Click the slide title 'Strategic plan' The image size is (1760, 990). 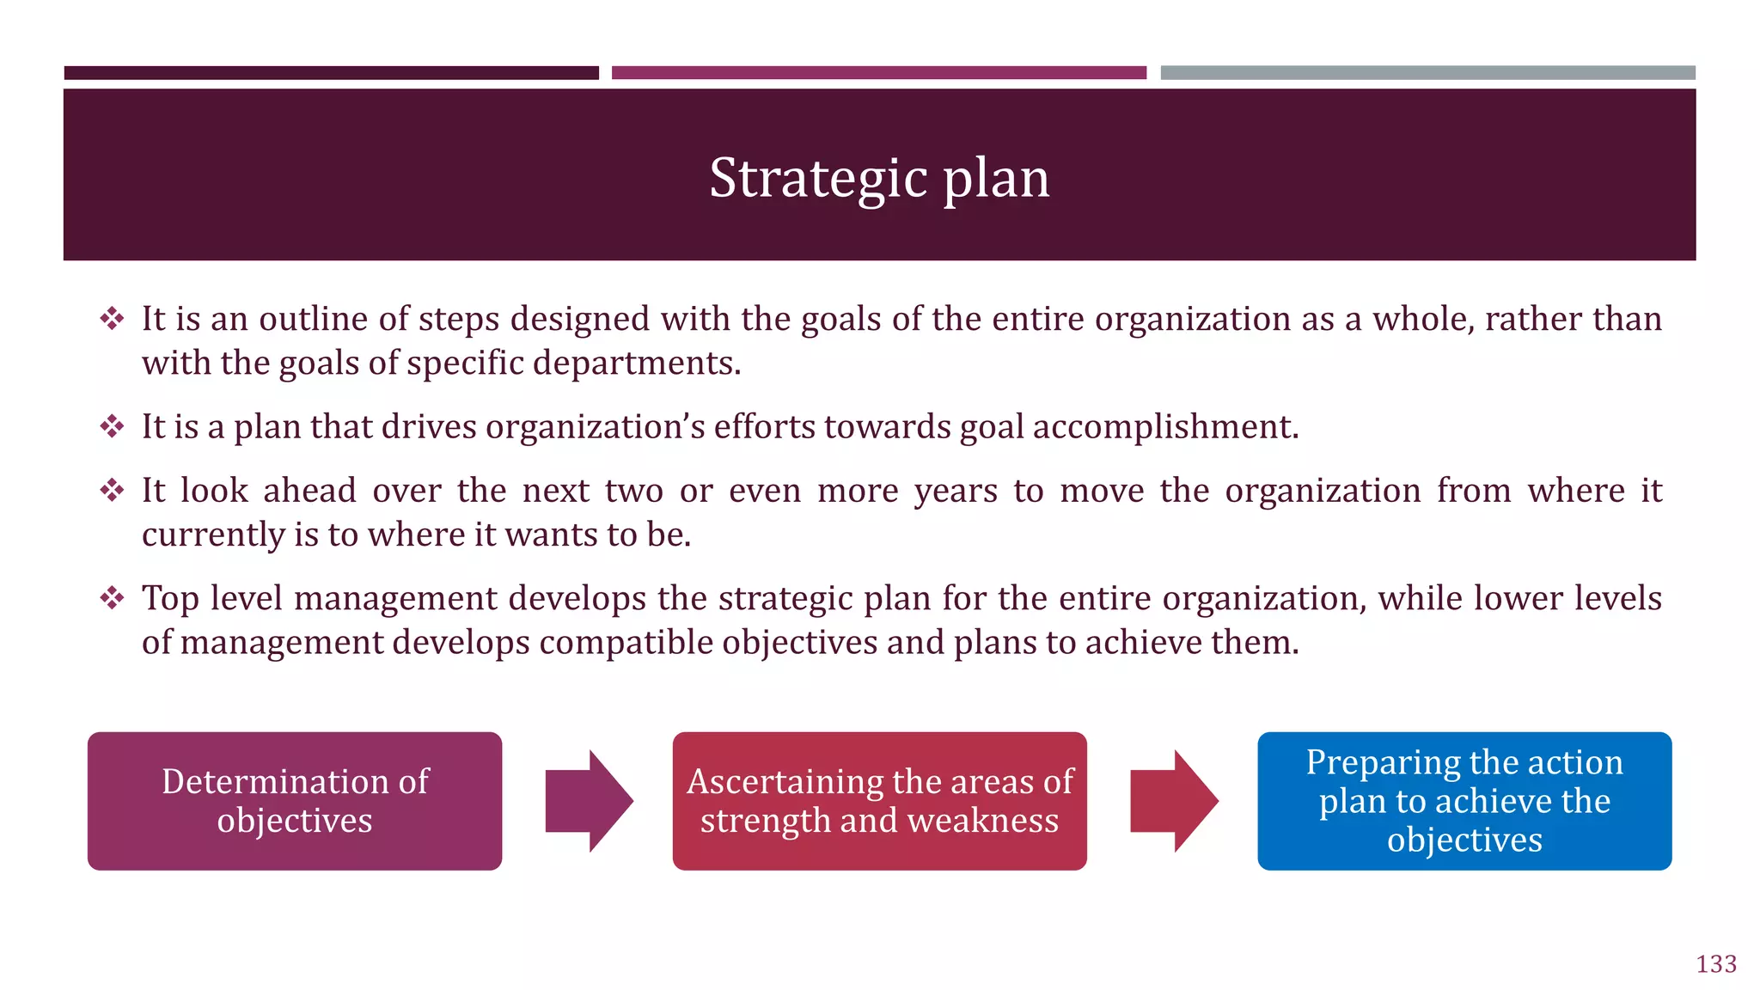click(x=879, y=178)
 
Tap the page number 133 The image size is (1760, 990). click(x=1716, y=964)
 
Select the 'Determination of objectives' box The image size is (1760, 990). click(x=295, y=801)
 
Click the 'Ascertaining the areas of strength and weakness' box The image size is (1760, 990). click(x=879, y=801)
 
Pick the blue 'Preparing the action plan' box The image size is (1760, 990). click(x=1464, y=801)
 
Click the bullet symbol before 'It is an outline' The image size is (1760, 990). click(x=112, y=319)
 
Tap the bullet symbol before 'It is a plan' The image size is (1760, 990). click(x=112, y=426)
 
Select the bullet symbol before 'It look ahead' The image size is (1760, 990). click(x=112, y=491)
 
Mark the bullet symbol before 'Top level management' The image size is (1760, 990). click(x=112, y=598)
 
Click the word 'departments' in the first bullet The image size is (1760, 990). click(x=636, y=364)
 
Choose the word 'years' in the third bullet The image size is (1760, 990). click(x=956, y=492)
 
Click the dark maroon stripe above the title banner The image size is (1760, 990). click(x=331, y=73)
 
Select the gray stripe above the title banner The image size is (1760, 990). click(x=1427, y=73)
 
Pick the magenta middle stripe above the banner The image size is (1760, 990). click(x=879, y=73)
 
